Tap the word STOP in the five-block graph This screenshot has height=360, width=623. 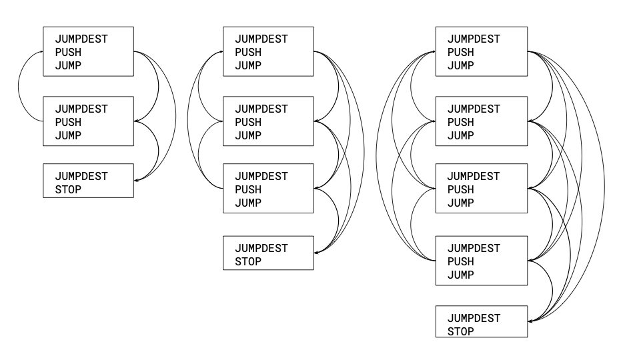(460, 331)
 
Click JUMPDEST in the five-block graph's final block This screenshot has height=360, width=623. (473, 318)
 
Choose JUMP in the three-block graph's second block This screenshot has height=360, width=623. (68, 135)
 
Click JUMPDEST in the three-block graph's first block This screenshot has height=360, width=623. (81, 39)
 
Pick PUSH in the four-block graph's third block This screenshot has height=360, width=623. (248, 189)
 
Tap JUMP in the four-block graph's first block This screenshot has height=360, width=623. (248, 65)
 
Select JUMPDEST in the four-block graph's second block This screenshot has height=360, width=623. (261, 109)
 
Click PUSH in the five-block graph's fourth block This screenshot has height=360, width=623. (460, 261)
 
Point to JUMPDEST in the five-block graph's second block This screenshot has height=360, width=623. (473, 109)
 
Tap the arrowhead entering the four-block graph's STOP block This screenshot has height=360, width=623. (316, 252)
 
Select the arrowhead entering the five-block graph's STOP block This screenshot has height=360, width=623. (529, 322)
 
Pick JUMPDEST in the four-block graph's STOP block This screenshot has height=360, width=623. (261, 248)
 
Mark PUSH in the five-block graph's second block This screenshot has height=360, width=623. (460, 122)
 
